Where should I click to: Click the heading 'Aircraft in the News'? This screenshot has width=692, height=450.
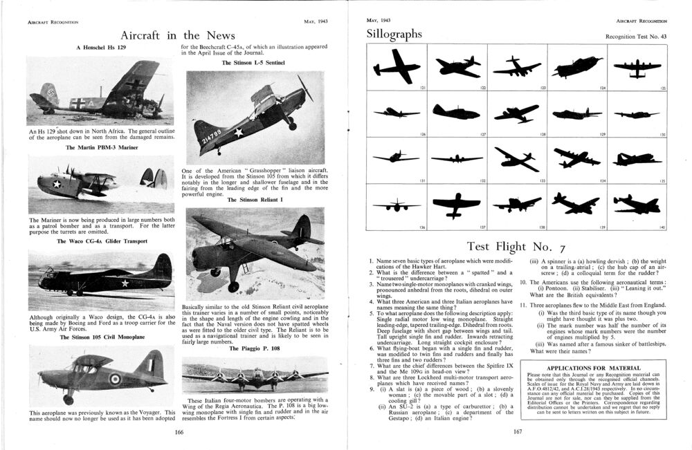click(x=178, y=35)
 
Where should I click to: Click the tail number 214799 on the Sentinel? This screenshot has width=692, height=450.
click(x=207, y=131)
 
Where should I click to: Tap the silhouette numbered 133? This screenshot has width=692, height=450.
click(x=517, y=158)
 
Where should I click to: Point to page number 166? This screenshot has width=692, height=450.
click(x=179, y=432)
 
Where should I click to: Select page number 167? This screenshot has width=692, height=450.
click(x=517, y=432)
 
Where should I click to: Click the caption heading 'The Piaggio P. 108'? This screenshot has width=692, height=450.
click(x=254, y=348)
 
